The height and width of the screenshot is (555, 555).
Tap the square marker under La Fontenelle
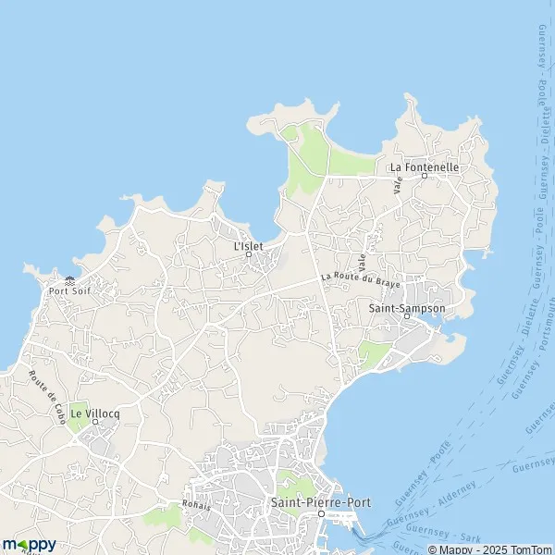coord(425,176)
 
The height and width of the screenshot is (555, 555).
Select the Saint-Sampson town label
coord(407,308)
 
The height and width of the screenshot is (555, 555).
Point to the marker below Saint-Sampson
coord(407,317)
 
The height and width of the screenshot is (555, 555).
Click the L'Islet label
coord(250,247)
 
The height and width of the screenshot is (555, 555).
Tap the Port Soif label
coord(70,290)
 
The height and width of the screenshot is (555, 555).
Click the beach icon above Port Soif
coord(70,280)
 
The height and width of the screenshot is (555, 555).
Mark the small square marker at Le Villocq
coord(94,422)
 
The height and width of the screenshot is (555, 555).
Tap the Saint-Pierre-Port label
coord(320,502)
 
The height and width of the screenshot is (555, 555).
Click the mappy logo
coord(29,545)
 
